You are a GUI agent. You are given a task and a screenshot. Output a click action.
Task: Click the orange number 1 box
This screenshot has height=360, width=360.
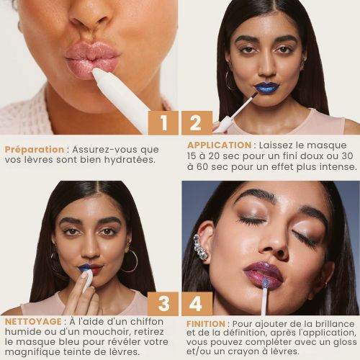click(163, 123)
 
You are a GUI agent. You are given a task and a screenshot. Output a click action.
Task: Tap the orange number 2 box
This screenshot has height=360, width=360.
click(197, 123)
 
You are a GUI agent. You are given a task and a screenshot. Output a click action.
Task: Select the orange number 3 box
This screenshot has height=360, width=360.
click(163, 304)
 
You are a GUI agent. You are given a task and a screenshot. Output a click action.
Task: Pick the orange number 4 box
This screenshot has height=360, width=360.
click(197, 304)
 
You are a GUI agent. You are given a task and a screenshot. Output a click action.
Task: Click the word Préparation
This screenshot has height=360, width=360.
click(35, 150)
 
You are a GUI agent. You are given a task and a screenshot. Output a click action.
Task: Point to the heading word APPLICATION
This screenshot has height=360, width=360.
click(220, 145)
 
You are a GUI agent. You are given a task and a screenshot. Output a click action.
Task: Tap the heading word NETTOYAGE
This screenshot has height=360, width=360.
click(33, 322)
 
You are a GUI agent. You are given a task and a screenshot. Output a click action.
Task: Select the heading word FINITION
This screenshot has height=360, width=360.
click(206, 324)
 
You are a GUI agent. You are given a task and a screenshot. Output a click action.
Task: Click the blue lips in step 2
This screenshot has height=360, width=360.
click(266, 87)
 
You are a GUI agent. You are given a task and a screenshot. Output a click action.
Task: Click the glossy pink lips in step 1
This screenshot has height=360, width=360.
click(92, 58)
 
